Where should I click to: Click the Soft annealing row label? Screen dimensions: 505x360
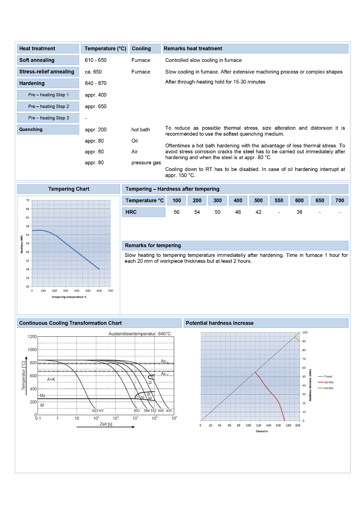coord(37,60)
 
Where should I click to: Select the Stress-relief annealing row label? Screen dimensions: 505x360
coord(47,72)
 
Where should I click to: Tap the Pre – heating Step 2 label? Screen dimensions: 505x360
coord(49,106)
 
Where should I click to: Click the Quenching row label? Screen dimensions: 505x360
coord(31,129)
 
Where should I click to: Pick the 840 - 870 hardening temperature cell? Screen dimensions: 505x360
coord(96,83)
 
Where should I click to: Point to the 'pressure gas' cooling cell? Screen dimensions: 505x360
coord(146,163)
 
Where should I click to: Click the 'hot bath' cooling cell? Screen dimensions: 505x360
coord(141,130)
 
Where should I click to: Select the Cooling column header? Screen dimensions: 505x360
coord(141,49)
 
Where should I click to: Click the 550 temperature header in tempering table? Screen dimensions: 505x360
coord(279,200)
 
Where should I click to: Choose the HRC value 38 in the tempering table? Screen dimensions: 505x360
coord(299,212)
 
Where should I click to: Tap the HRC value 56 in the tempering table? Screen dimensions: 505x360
coord(177,212)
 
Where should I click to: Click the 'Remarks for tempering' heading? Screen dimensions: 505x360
coord(153,246)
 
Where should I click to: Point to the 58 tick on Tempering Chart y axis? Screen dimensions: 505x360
coord(28,226)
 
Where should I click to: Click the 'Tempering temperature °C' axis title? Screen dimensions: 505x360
coord(69,297)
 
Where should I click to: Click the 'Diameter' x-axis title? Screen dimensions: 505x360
coord(262,431)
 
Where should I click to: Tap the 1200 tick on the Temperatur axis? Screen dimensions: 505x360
coord(32,337)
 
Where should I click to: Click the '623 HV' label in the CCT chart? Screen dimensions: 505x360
coord(98,411)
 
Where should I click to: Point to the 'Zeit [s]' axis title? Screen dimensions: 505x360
coord(106,424)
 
